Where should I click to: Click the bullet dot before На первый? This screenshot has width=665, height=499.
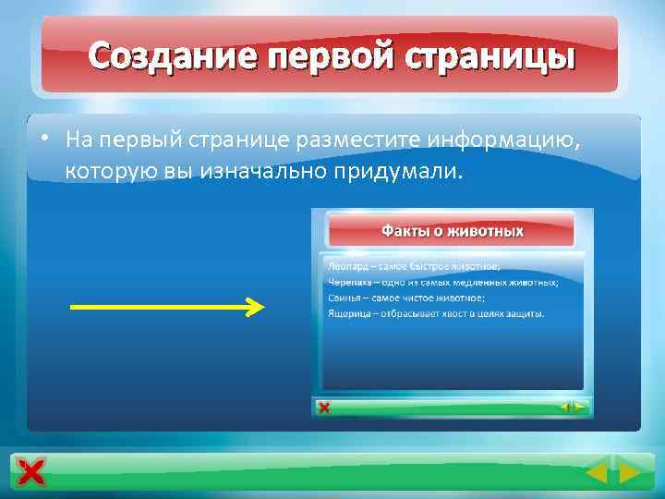[43, 140]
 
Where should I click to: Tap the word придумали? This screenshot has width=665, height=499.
[391, 172]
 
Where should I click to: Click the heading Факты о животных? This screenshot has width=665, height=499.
[453, 231]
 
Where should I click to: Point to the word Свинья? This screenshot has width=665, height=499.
[344, 298]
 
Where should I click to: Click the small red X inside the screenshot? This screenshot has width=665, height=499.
[323, 408]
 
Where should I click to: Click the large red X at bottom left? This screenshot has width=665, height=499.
[30, 473]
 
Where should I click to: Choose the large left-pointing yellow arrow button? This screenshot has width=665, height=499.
[597, 474]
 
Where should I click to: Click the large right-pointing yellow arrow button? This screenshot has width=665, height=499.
[630, 474]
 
